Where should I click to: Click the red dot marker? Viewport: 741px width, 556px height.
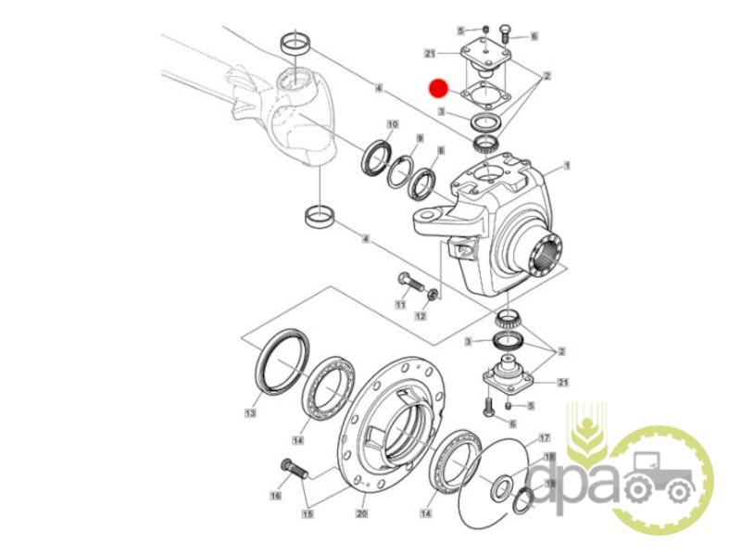pyautogui.click(x=438, y=88)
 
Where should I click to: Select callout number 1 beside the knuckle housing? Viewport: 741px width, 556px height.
pyautogui.click(x=567, y=166)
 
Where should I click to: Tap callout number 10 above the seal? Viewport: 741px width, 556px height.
pyautogui.click(x=393, y=124)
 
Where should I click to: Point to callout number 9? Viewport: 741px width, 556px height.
pyautogui.click(x=420, y=138)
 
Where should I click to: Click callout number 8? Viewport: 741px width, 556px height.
pyautogui.click(x=441, y=150)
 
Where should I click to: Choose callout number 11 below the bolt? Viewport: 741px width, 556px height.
pyautogui.click(x=401, y=305)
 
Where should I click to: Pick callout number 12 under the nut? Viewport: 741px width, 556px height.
pyautogui.click(x=421, y=315)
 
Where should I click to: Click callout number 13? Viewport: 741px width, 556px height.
pyautogui.click(x=250, y=412)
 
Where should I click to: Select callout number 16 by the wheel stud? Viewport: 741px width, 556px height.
pyautogui.click(x=275, y=495)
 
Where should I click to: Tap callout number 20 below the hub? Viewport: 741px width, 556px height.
pyautogui.click(x=361, y=513)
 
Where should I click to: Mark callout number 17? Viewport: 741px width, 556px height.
pyautogui.click(x=545, y=437)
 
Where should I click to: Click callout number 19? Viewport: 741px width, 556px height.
pyautogui.click(x=550, y=483)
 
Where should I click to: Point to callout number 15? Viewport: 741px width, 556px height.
pyautogui.click(x=308, y=513)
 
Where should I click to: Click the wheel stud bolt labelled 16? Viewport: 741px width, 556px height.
pyautogui.click(x=294, y=470)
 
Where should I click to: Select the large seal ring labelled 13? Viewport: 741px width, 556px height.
pyautogui.click(x=283, y=361)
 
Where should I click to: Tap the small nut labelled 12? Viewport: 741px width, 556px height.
pyautogui.click(x=432, y=295)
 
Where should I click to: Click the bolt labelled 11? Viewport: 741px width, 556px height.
pyautogui.click(x=411, y=283)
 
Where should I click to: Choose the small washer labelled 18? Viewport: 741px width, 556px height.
pyautogui.click(x=502, y=486)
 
